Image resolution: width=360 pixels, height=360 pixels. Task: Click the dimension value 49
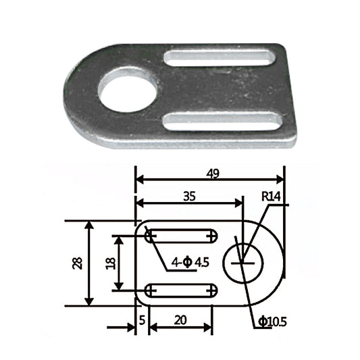click(212, 174)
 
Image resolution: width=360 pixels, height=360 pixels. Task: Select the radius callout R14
click(272, 197)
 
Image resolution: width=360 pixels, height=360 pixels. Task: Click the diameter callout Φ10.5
click(272, 322)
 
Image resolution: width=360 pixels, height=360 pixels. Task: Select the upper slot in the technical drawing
click(180, 236)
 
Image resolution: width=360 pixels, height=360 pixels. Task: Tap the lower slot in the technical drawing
click(180, 290)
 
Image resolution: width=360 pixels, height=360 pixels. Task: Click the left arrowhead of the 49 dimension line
click(140, 180)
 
